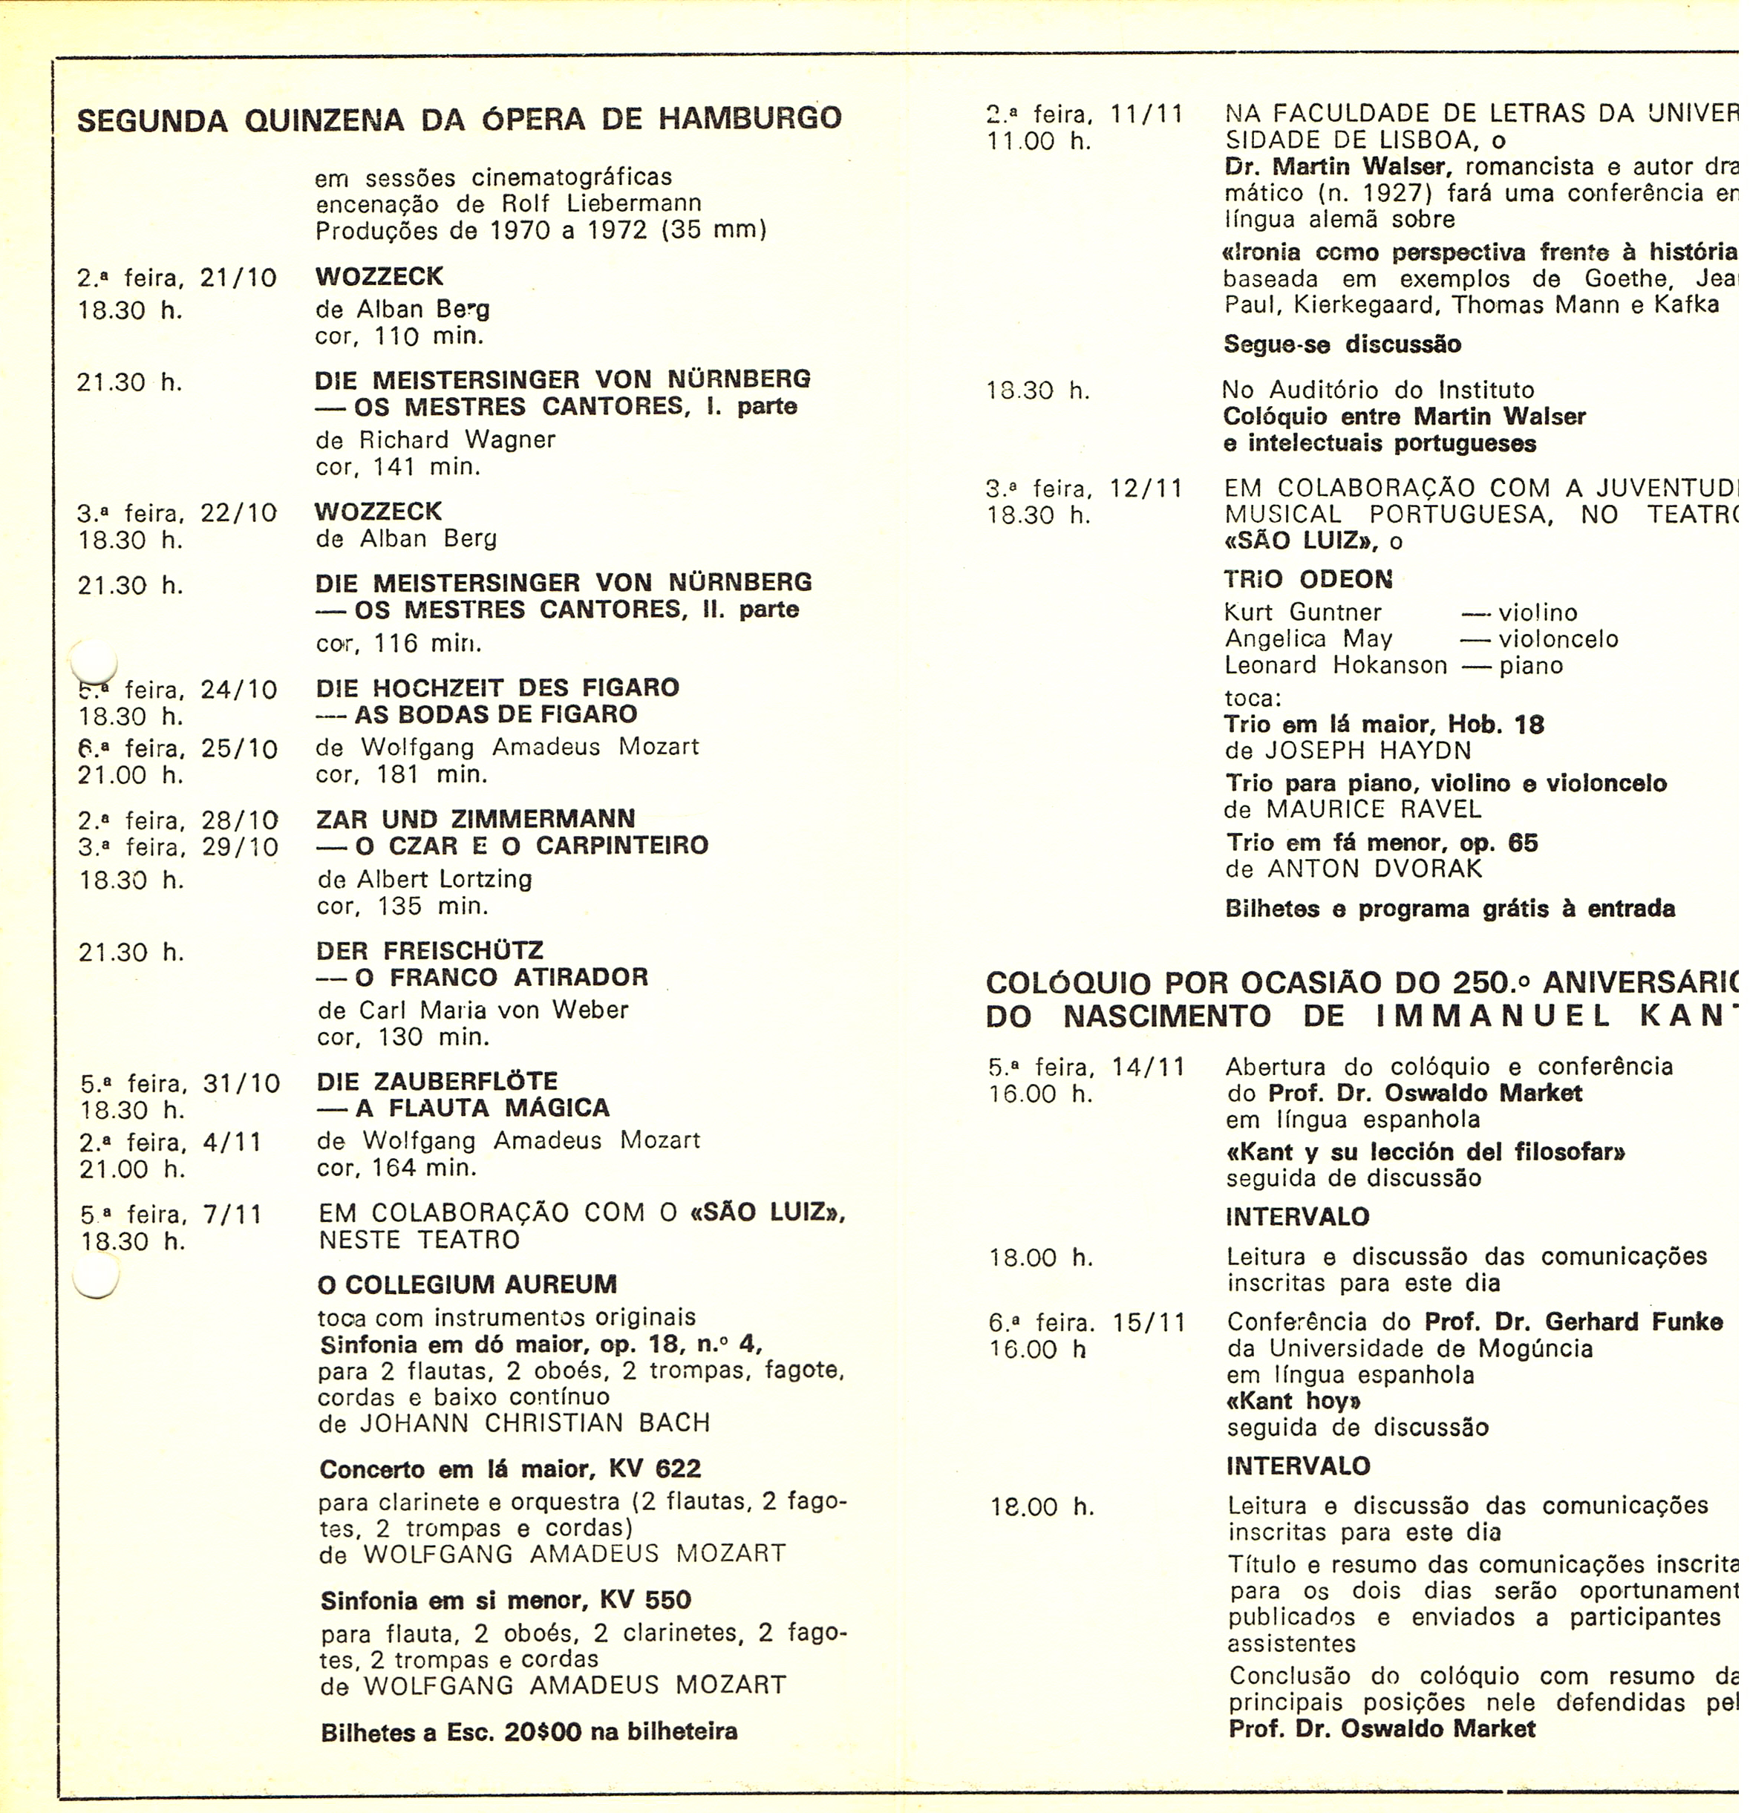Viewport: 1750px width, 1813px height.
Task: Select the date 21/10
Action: click(x=238, y=278)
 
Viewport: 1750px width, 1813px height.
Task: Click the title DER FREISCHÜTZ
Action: click(x=430, y=951)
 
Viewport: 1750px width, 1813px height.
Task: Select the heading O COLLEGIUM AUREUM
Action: click(x=467, y=1285)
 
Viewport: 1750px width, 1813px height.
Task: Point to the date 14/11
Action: click(x=1149, y=1068)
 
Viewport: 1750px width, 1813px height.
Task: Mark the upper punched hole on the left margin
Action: click(x=94, y=661)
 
